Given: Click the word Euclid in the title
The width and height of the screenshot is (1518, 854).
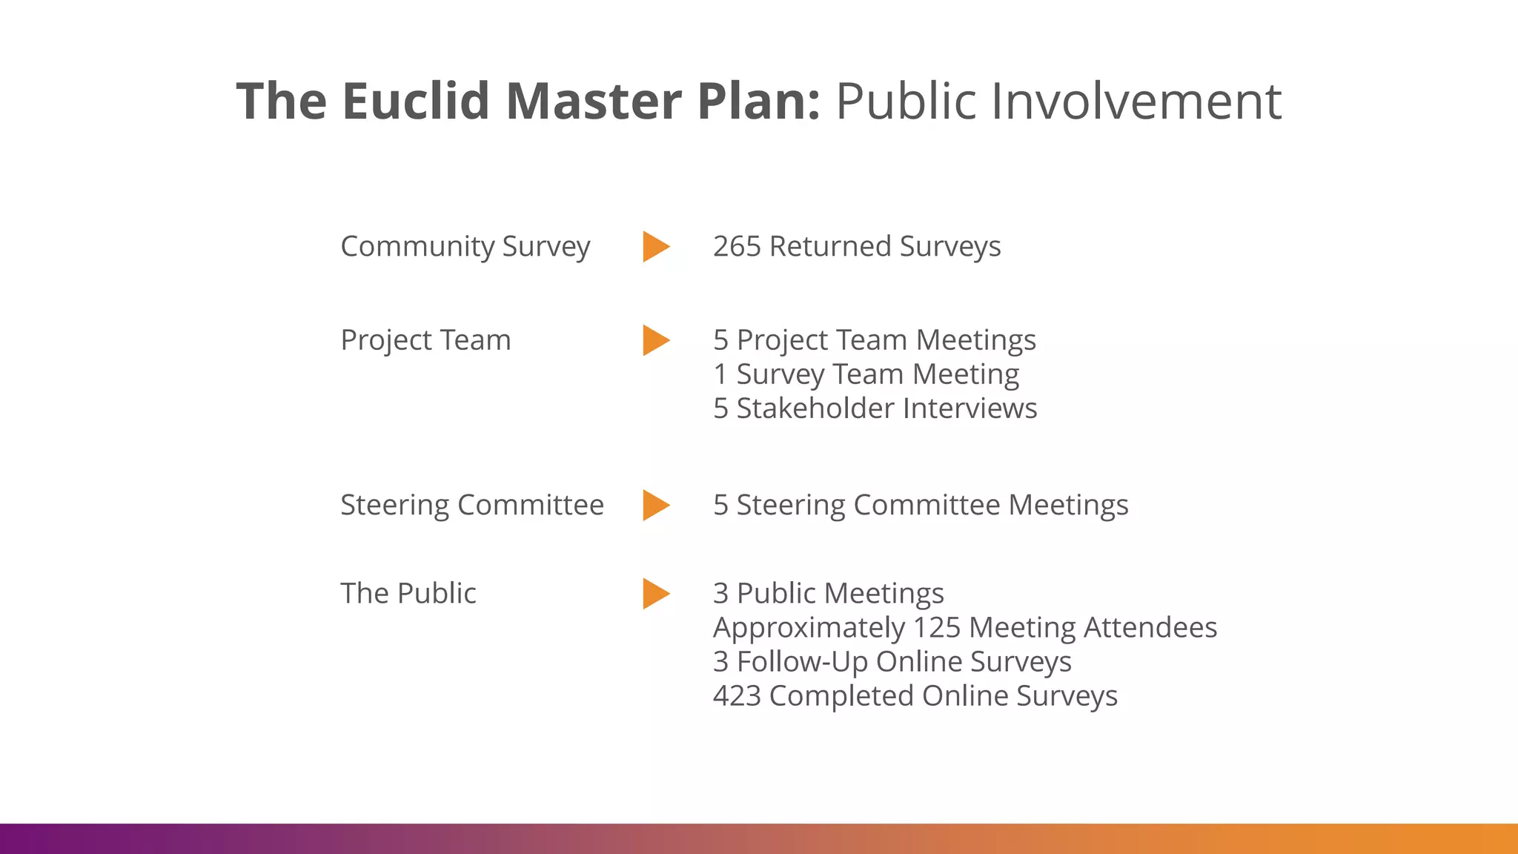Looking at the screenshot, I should tap(416, 101).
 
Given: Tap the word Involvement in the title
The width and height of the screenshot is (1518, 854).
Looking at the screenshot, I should tap(1136, 101).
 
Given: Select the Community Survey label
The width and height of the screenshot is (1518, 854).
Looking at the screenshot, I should tap(465, 246).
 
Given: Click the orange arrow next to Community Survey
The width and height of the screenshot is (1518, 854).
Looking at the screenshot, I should tap(655, 246).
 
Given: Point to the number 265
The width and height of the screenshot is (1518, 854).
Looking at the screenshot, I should tap(737, 246).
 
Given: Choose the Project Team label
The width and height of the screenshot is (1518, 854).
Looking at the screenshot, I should tap(425, 340).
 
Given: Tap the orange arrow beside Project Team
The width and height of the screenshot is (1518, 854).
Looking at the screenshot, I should tap(655, 340).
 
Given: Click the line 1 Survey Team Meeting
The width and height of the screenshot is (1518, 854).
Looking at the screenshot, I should tap(866, 374).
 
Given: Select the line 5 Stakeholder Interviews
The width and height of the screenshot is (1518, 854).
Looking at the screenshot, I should tap(875, 408).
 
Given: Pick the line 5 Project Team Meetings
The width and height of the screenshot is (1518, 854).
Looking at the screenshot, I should tap(875, 340).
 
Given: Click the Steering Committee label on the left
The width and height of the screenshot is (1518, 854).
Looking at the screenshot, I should tap(471, 505).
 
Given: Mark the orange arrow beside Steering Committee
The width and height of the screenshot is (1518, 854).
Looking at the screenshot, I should tap(655, 505).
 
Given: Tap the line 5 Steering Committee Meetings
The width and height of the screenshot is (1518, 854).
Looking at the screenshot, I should tap(920, 505).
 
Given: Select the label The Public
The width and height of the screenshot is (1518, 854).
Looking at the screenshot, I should tap(408, 593).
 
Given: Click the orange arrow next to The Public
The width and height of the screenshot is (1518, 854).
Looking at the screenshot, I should tap(655, 593).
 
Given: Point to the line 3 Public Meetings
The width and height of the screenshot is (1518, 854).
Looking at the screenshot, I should tap(828, 593).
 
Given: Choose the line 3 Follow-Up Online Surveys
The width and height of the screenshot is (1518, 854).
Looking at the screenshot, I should tap(892, 662).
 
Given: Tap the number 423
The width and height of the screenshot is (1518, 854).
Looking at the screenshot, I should tap(737, 696).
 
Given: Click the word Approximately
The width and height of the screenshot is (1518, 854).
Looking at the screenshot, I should tap(808, 628).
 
